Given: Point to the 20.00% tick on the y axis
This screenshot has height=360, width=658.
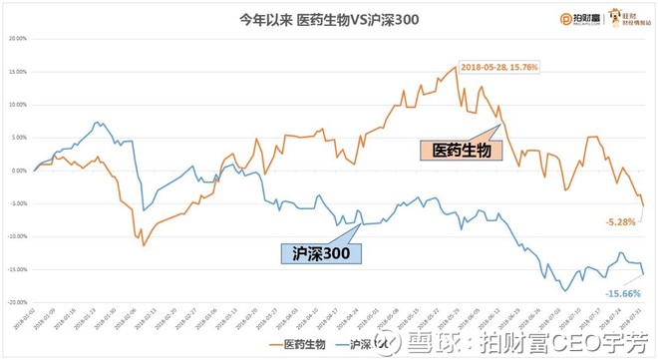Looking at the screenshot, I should point(17,39).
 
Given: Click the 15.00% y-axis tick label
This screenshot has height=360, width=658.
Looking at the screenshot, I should point(17,72).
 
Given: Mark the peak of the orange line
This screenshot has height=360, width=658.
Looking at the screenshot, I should point(456,67).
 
